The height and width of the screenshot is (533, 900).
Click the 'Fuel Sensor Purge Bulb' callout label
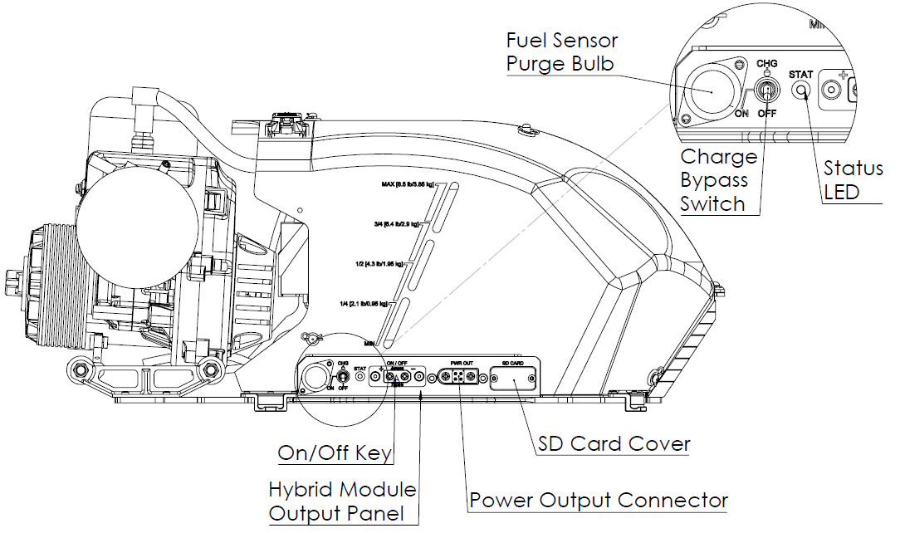(x=561, y=51)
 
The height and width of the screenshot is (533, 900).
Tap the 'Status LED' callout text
(x=853, y=180)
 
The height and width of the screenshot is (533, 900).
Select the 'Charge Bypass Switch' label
(x=719, y=180)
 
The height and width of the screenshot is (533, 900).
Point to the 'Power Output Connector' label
(x=599, y=501)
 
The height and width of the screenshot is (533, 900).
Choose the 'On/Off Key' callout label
(x=335, y=452)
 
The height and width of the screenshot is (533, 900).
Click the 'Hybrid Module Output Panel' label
(x=342, y=501)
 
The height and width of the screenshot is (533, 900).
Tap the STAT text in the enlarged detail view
(x=800, y=74)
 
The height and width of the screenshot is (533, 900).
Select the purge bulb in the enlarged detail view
(x=713, y=89)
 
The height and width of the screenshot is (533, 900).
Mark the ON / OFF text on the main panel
(x=396, y=363)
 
